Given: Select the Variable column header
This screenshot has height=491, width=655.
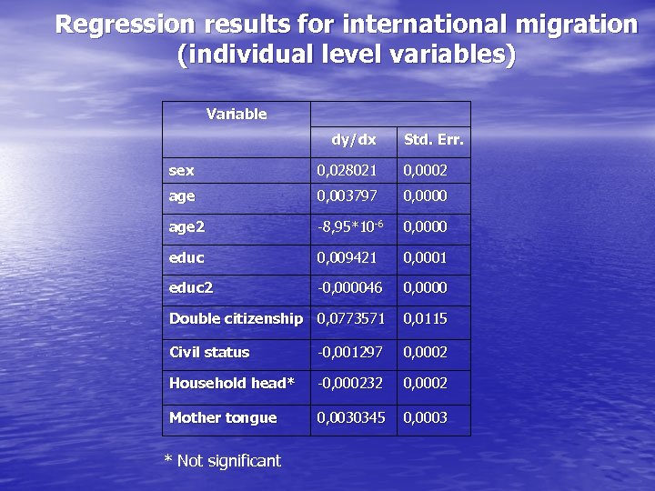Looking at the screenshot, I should coord(237,114).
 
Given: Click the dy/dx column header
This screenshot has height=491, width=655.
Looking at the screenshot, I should coord(353,139).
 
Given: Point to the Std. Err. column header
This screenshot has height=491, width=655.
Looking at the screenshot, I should coord(434,139).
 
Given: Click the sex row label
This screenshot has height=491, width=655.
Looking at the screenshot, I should coord(182,170).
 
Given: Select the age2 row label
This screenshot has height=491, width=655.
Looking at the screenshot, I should coord(186,226).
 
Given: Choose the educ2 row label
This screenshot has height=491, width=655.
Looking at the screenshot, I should coord(191,287).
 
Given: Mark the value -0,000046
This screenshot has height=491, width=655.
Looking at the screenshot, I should coord(349,287).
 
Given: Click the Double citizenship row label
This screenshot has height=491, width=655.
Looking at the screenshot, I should coord(236,318).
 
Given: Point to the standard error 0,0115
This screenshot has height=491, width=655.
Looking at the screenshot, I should coord(425,318).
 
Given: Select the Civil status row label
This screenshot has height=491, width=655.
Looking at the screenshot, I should coord(209,352).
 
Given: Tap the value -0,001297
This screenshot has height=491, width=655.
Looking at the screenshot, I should coord(349,352).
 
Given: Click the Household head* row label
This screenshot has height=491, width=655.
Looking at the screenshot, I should coord(232,383).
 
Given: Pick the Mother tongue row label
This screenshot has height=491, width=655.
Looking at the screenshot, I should coord(223,417).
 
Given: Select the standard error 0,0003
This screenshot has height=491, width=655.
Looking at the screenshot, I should coord(425,417).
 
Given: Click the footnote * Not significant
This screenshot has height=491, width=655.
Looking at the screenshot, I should coord(222,461).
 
